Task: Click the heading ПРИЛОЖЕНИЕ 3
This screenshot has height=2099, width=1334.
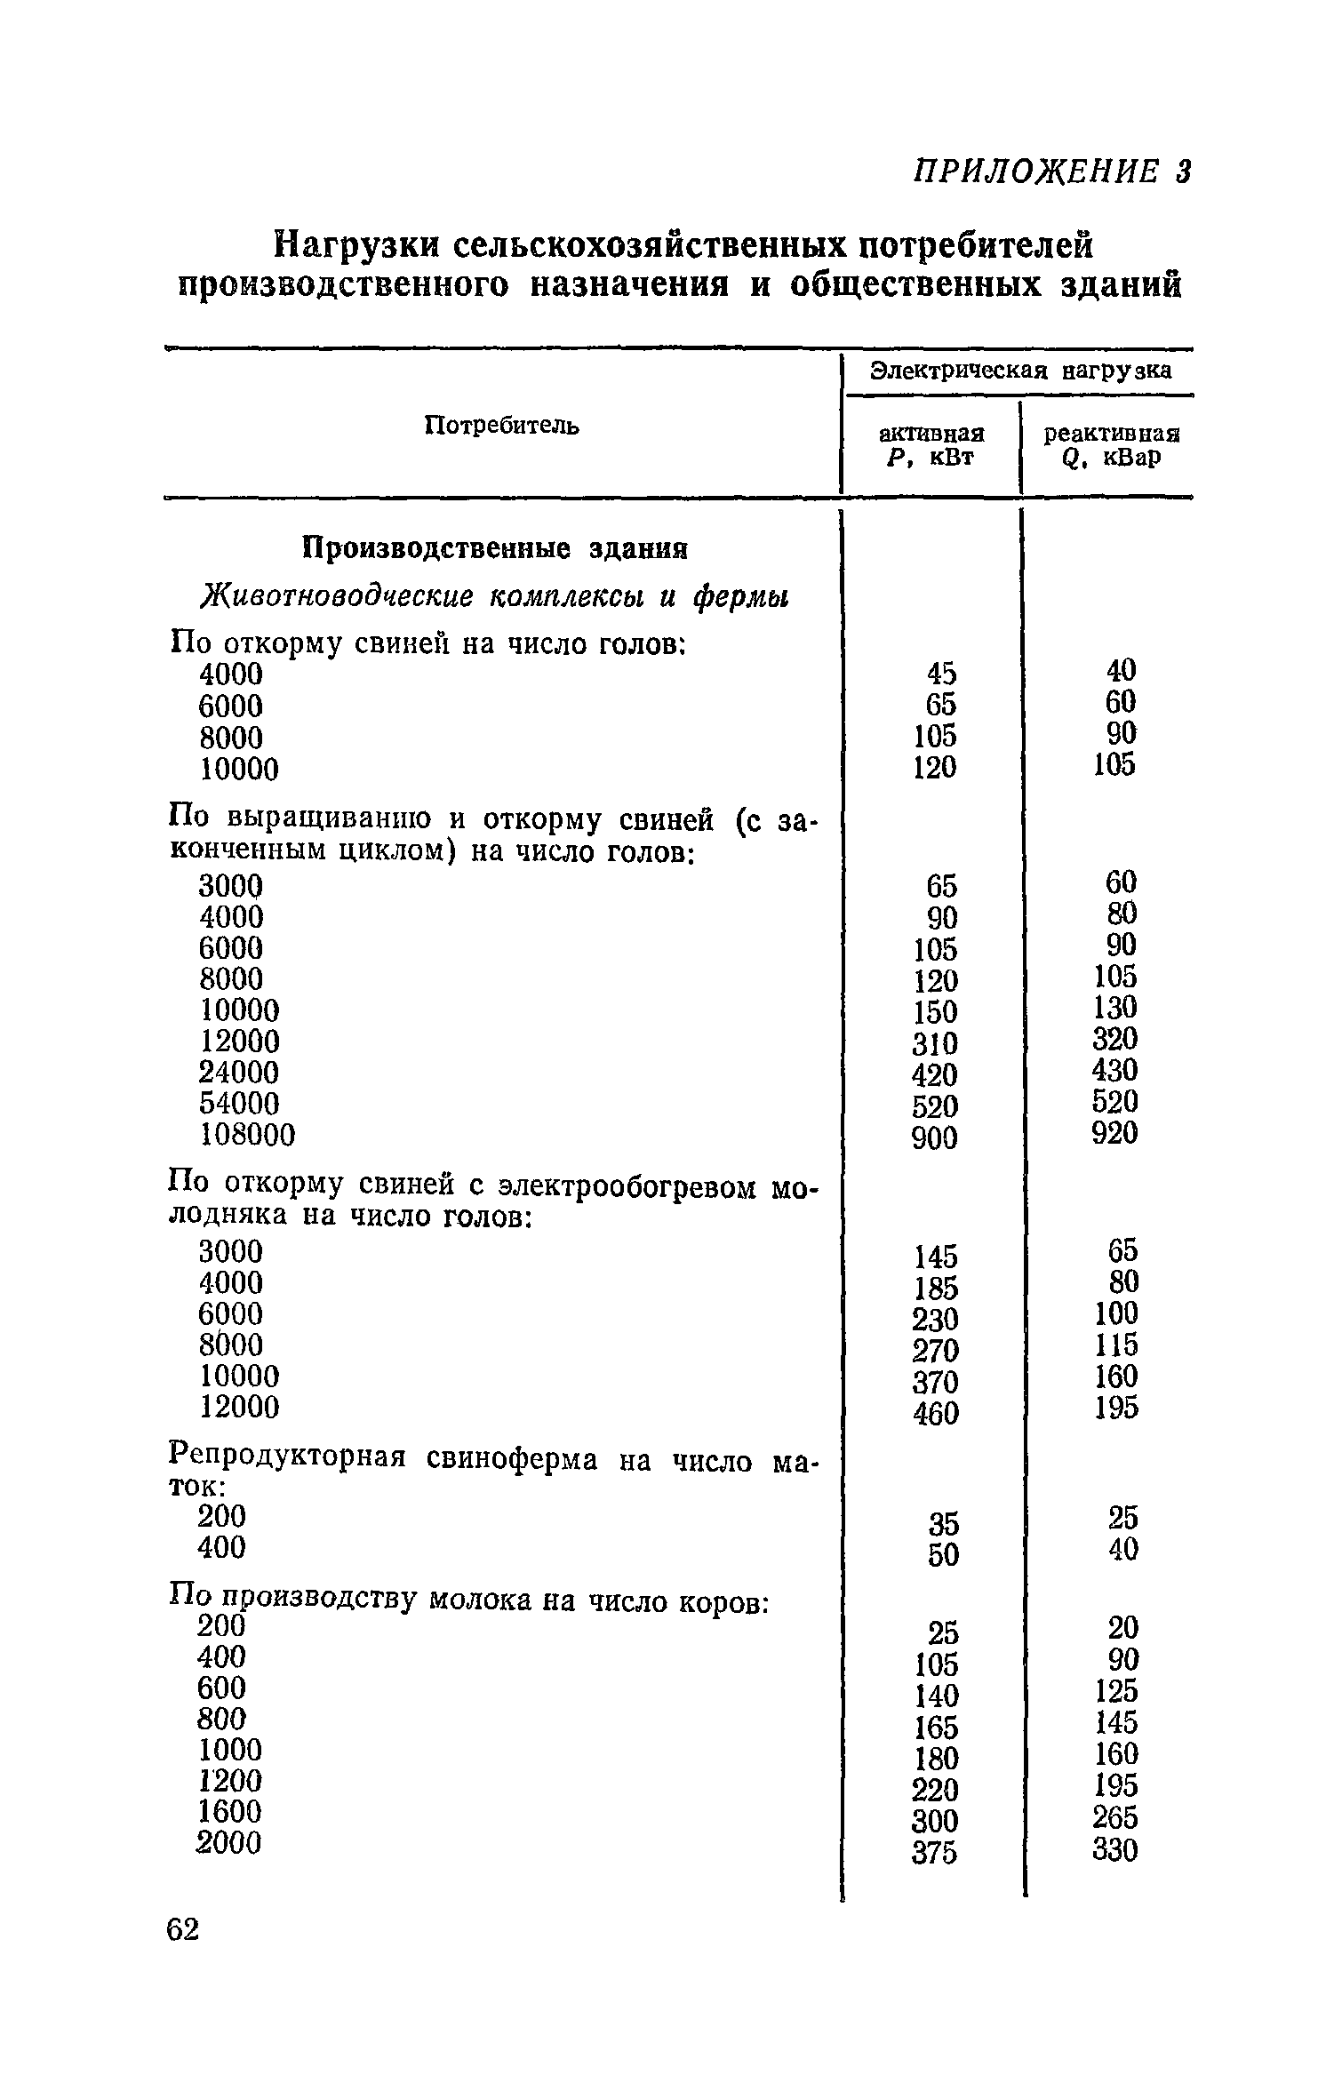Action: (x=1052, y=172)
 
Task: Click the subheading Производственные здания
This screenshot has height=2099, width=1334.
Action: (x=495, y=547)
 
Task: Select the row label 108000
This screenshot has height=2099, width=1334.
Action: (x=246, y=1134)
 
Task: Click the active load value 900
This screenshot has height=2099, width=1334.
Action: (x=935, y=1137)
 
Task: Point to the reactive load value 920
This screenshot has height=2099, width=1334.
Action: (x=1114, y=1133)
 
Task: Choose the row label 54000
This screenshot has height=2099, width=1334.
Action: (x=238, y=1103)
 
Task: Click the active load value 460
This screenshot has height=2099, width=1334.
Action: (x=935, y=1413)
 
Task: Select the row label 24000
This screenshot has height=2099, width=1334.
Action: (x=238, y=1072)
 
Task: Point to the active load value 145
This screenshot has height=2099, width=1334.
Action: (x=936, y=1257)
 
